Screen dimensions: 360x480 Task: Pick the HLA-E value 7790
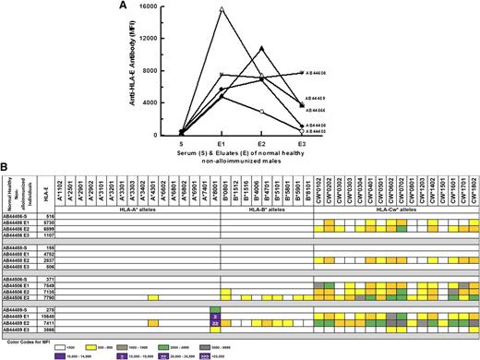point(78,298)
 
